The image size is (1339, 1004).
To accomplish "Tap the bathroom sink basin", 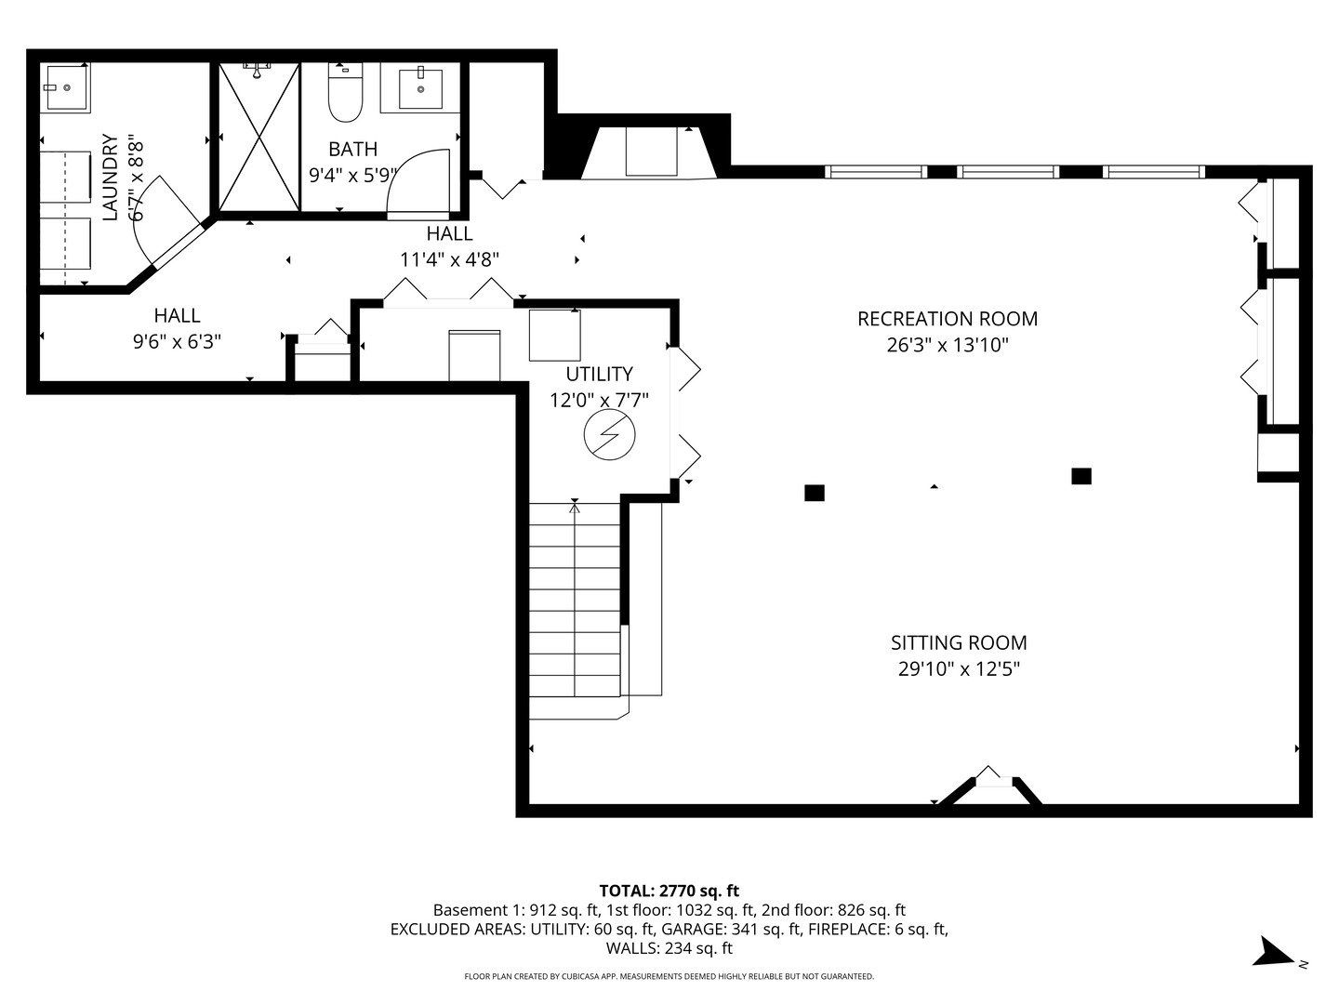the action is click(420, 89).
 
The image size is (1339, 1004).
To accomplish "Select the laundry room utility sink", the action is click(66, 87).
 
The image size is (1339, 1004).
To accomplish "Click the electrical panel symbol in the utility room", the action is click(609, 435).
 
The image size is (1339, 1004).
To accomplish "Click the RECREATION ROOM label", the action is click(948, 319).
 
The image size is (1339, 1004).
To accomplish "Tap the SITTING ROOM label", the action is click(959, 642).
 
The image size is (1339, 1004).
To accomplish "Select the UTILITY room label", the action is click(599, 374).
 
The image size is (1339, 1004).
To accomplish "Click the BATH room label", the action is click(352, 149).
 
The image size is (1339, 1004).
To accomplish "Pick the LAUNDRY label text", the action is click(110, 177).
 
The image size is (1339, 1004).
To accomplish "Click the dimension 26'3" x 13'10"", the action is click(948, 345).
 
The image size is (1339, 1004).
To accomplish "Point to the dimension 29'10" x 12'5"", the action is click(959, 669).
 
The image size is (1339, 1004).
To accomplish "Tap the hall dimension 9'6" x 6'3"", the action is click(177, 341).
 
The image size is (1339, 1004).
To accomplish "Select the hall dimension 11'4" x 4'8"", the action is click(449, 259).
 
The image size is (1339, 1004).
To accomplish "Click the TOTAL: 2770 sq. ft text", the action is click(669, 891).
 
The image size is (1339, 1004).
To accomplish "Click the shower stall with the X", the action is click(259, 137).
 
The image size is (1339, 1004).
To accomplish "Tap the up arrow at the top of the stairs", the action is click(575, 505).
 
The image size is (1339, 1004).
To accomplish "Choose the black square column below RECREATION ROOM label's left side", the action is click(815, 493).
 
